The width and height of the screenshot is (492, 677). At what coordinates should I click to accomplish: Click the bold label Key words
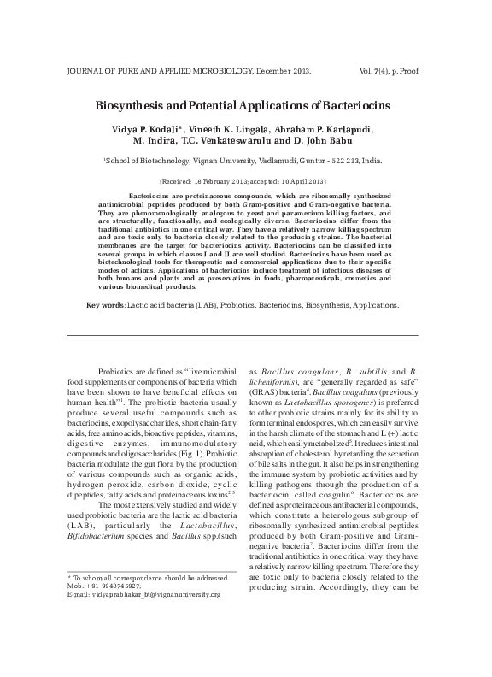click(106, 304)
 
